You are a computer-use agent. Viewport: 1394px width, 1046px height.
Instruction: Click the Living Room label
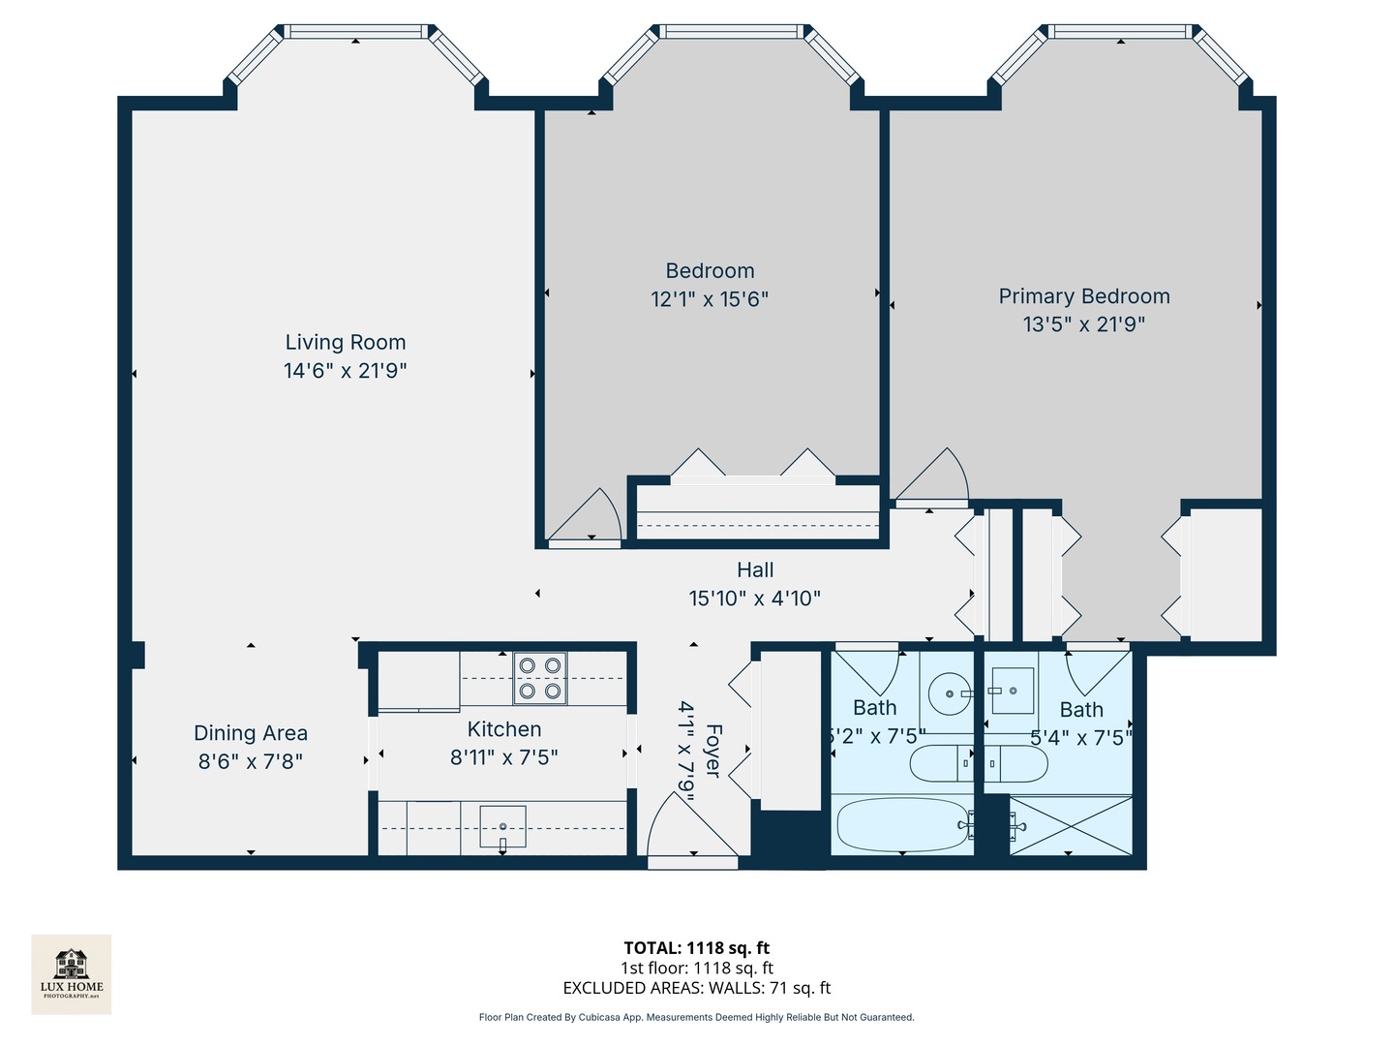[346, 343]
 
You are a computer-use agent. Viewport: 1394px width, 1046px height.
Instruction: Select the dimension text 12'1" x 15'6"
[710, 299]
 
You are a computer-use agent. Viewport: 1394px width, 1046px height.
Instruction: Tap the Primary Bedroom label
[1084, 296]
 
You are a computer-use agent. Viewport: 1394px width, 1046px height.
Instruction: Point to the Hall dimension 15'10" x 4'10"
[754, 599]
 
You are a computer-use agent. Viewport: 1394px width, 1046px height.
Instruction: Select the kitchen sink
[502, 826]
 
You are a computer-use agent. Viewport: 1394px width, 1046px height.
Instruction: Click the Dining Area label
[251, 733]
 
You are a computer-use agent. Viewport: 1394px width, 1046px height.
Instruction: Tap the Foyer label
[713, 751]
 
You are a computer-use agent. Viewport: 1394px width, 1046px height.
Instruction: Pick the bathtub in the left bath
[902, 824]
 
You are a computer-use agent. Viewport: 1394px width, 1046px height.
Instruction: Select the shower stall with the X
[1071, 825]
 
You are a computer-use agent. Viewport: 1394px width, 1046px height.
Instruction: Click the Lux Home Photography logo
[72, 973]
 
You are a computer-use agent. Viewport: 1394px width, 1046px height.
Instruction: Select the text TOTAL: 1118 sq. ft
[696, 948]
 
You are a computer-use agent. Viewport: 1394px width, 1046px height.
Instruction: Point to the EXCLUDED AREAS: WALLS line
[696, 988]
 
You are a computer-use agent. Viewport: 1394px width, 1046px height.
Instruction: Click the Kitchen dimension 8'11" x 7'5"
[503, 757]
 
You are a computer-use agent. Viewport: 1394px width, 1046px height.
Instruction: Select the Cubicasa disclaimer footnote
[696, 1017]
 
